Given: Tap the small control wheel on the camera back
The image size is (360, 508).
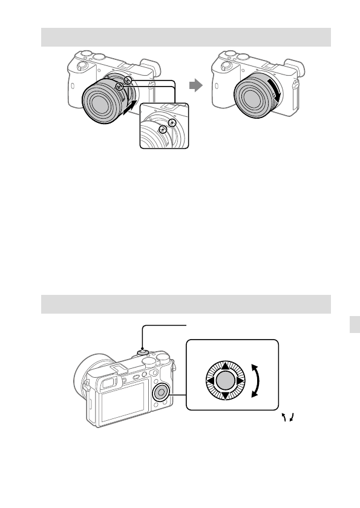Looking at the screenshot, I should click(162, 392).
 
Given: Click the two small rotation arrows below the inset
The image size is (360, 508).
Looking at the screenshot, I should click(289, 417).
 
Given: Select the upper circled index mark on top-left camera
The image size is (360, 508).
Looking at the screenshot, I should click(127, 80).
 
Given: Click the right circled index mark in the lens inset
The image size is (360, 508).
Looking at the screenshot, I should click(172, 122).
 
